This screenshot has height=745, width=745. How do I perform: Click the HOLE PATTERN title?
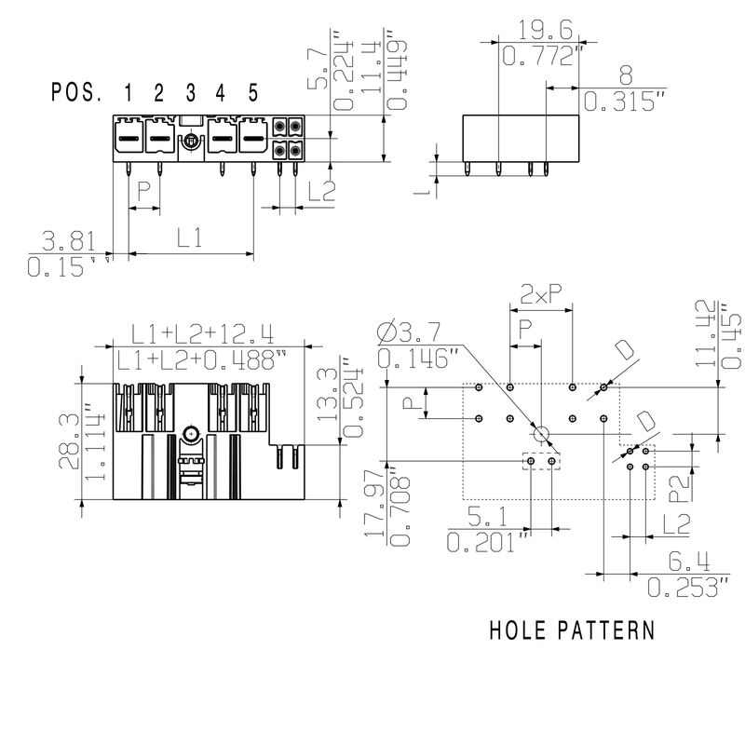coord(572,630)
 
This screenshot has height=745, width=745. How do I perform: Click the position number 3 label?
coord(190,92)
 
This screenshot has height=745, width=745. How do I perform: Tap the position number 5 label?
coord(252,92)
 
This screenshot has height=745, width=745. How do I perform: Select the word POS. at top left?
coord(78,92)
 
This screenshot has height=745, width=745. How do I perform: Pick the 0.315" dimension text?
coord(623,102)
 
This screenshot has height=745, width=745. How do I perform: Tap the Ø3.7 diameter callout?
coord(413,331)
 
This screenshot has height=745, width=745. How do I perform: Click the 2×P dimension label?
coord(541,294)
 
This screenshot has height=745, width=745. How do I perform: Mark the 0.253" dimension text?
coord(687,587)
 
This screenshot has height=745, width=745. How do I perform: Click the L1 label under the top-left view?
coord(190,237)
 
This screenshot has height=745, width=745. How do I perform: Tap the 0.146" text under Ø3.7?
coord(419,358)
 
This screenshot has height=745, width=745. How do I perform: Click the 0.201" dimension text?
coord(488,541)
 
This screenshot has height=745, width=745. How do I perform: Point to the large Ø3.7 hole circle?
coord(541,434)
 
